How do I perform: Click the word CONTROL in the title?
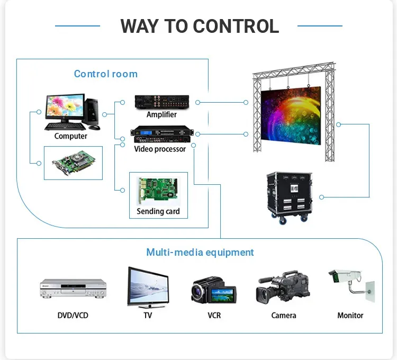[236, 26]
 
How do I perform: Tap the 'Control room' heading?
[105, 74]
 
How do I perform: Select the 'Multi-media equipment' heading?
[200, 253]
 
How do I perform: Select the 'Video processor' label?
[160, 149]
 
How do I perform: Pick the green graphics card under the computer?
[73, 163]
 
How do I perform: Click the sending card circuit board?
[158, 189]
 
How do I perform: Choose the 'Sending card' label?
[158, 211]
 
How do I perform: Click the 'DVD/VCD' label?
[73, 316]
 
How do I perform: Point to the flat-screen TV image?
[148, 287]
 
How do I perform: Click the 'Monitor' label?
[350, 316]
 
